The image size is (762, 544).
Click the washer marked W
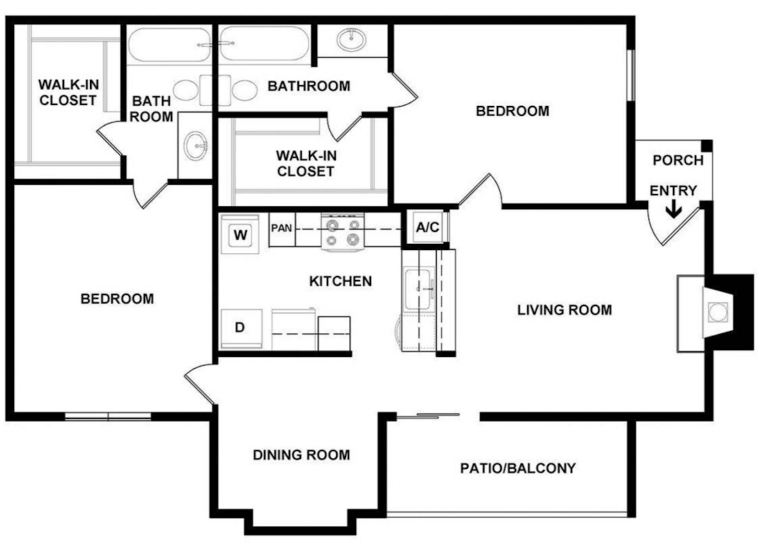pos(240,233)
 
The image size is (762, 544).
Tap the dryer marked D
pos(241,328)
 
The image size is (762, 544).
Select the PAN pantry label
pos(282,228)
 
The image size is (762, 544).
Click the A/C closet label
pos(428,227)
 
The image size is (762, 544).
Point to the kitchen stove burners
pos(342,232)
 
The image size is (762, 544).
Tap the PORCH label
pos(678,160)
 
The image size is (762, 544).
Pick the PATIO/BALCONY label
pos(518,468)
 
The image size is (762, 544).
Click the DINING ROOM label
pos(301,455)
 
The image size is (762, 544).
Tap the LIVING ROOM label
pos(565,310)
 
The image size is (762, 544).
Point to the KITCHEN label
pos(341,281)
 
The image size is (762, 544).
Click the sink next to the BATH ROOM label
pos(196,146)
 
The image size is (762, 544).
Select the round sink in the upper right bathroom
pos(351,39)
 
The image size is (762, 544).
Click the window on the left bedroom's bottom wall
pos(108,417)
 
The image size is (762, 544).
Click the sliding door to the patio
pos(428,416)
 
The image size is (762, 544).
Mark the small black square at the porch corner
pos(707,146)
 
